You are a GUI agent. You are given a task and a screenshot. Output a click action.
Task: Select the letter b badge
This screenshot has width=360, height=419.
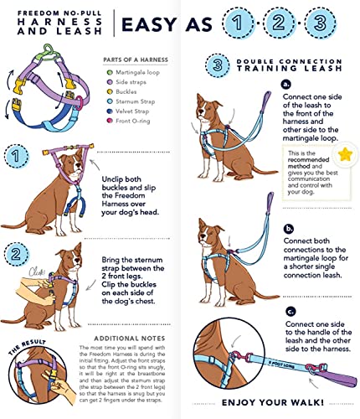coord(289,228)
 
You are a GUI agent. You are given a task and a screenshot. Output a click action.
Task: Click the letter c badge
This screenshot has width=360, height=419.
coord(289,311)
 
